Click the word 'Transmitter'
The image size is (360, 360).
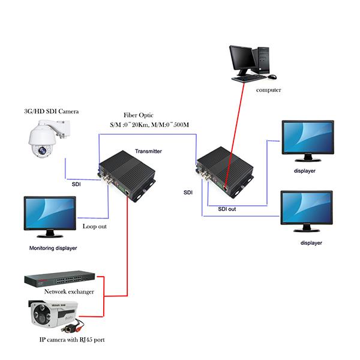148,152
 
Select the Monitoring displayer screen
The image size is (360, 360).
49,214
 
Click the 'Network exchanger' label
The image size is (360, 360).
70,292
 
